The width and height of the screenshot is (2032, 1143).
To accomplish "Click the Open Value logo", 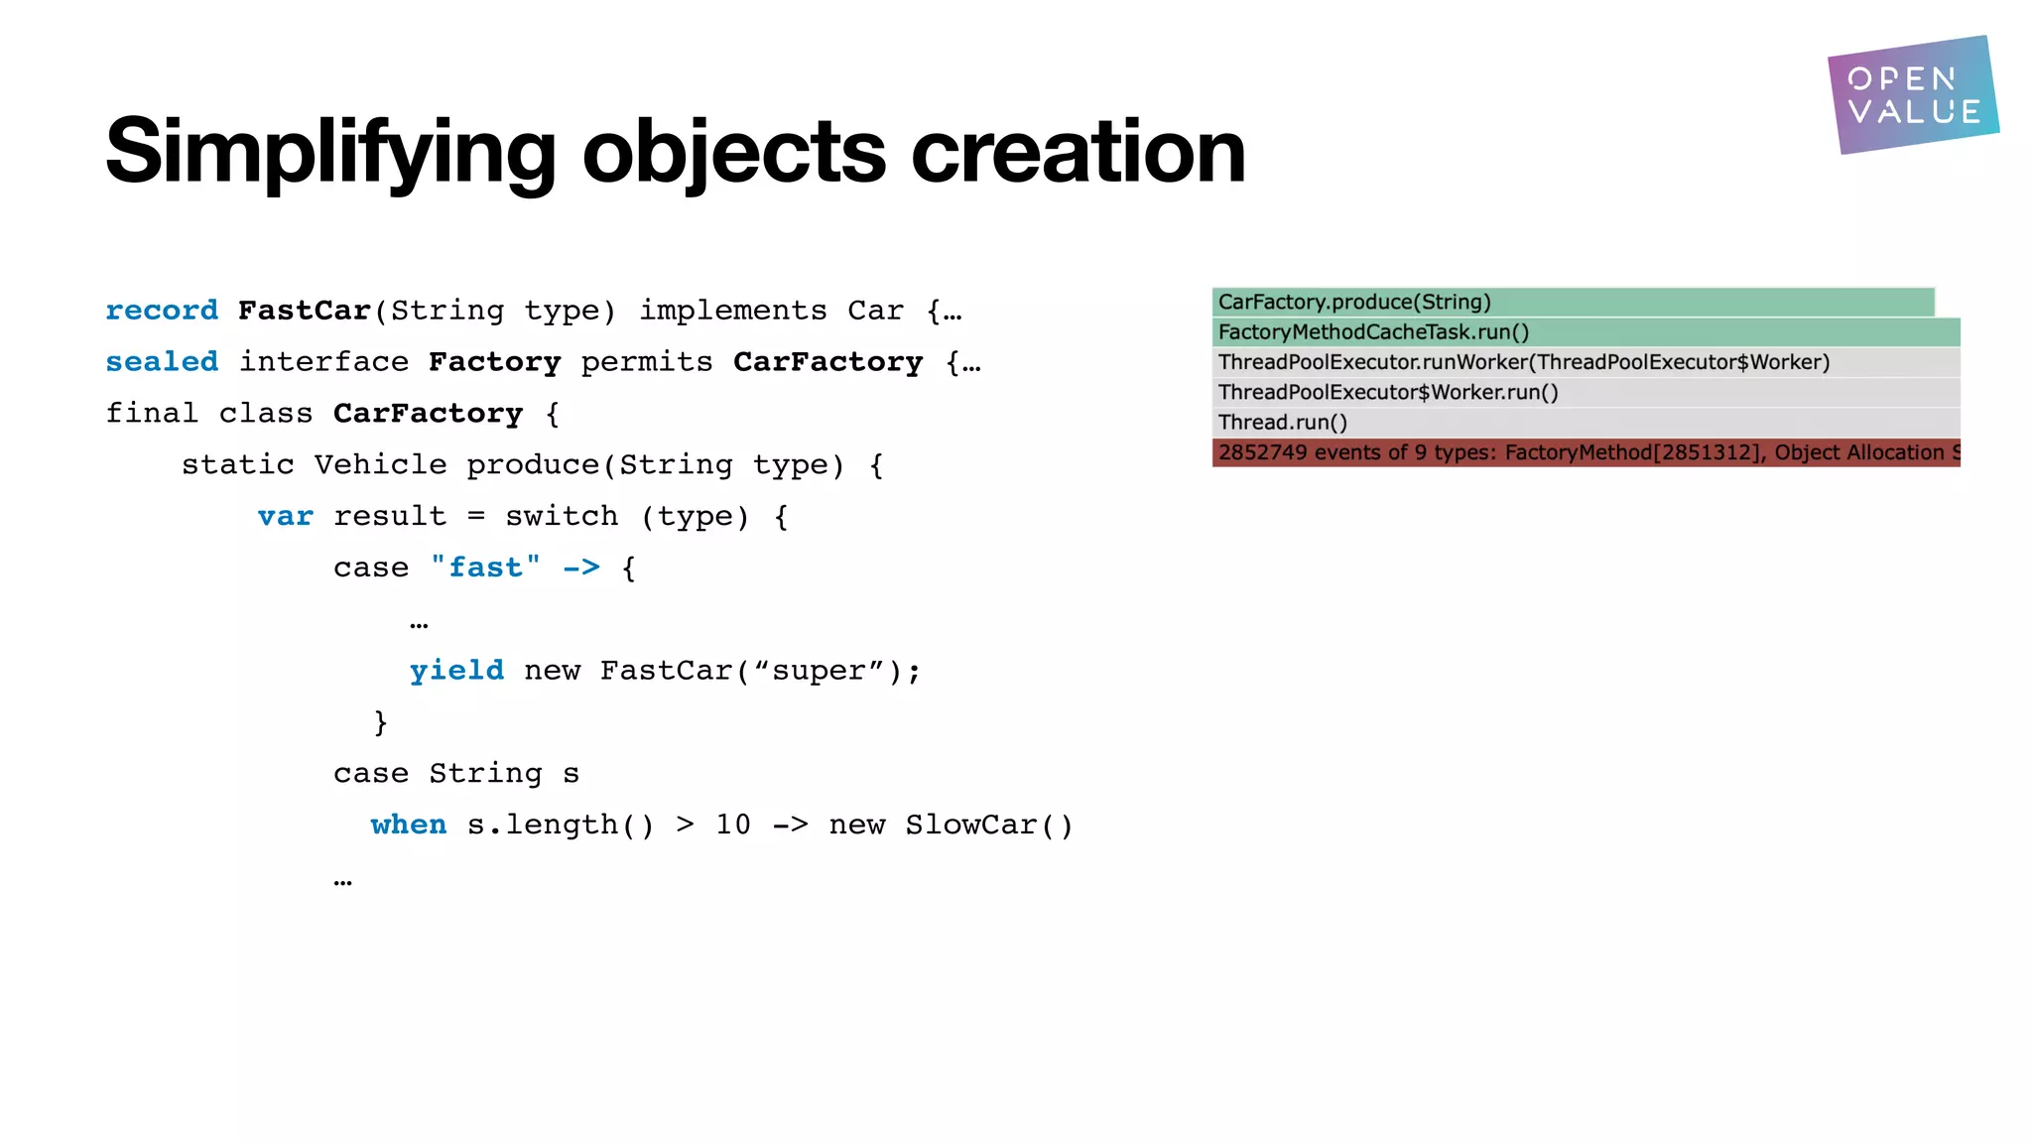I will pos(1912,95).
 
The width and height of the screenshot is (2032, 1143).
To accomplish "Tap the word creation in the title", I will pos(1078,151).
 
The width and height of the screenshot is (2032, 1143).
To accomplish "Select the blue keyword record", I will pos(162,311).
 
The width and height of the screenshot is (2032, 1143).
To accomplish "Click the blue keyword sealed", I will pos(162,362).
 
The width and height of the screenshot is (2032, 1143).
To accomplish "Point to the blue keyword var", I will pos(285,517).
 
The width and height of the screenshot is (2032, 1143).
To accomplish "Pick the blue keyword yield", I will pos(456,671).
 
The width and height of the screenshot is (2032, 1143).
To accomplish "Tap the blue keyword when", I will pos(409,825).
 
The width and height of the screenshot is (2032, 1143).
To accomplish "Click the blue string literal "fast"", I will pos(485,568).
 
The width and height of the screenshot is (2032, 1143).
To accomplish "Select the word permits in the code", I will pos(647,362).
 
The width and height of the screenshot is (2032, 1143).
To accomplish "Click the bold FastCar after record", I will pos(304,311).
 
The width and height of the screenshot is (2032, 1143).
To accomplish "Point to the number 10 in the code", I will pos(733,825).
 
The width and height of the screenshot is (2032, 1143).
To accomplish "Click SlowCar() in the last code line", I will pos(989,825).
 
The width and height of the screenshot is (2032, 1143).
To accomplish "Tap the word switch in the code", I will pos(562,517).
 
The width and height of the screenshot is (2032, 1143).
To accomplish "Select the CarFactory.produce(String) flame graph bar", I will pos(1573,303).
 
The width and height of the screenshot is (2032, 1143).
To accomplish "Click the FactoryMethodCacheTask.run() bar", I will pos(1586,332).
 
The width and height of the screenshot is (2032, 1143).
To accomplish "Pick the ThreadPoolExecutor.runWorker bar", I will pos(1586,362).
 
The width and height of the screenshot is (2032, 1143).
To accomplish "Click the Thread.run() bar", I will pos(1586,423).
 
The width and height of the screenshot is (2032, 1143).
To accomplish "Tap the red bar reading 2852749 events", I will pos(1586,453).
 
